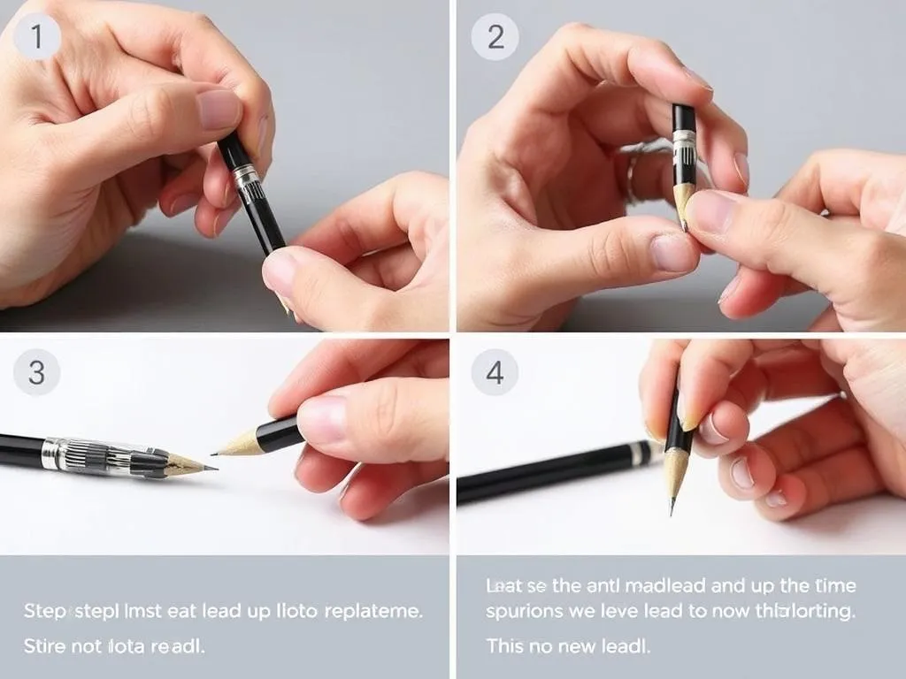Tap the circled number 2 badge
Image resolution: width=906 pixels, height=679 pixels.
495,37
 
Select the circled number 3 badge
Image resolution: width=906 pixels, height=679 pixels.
36,371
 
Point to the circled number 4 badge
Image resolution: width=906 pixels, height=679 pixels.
495,371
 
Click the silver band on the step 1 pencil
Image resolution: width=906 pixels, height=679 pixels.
246,175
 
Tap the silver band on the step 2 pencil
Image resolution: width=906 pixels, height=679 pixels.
684,138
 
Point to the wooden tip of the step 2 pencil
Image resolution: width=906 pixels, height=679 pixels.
684,202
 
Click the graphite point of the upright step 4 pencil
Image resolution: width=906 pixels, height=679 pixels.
672,507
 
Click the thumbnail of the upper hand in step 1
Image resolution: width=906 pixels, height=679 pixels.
219,109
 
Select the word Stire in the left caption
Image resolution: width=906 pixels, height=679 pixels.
44,646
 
